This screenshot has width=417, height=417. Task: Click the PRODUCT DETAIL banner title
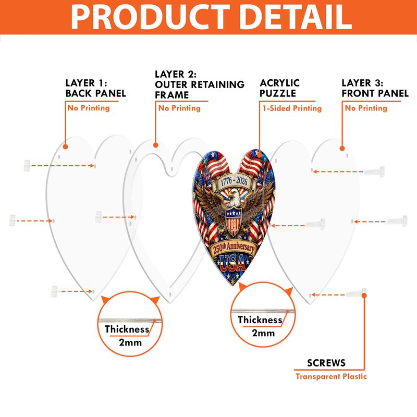click(212, 17)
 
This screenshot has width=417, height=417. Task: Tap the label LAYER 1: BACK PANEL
click(96, 88)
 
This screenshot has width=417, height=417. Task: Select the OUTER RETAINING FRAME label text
click(200, 89)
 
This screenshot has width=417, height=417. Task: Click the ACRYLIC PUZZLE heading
click(279, 88)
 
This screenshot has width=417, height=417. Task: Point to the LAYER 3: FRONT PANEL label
click(375, 88)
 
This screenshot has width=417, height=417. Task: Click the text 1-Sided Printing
click(292, 108)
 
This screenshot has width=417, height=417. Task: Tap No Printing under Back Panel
click(89, 108)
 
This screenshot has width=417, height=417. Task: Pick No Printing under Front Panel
click(366, 108)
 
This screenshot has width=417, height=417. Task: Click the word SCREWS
click(326, 363)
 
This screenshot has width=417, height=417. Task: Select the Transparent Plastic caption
click(331, 376)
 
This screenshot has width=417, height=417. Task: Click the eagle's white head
click(235, 198)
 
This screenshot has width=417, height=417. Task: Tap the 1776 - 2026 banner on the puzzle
click(234, 181)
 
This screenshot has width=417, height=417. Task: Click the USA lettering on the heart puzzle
click(232, 263)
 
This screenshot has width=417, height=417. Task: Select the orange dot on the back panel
click(66, 146)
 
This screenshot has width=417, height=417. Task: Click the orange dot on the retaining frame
click(155, 145)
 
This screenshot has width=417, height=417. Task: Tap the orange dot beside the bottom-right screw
click(364, 296)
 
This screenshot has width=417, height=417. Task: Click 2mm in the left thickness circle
click(130, 342)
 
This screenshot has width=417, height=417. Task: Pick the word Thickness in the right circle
click(260, 320)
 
